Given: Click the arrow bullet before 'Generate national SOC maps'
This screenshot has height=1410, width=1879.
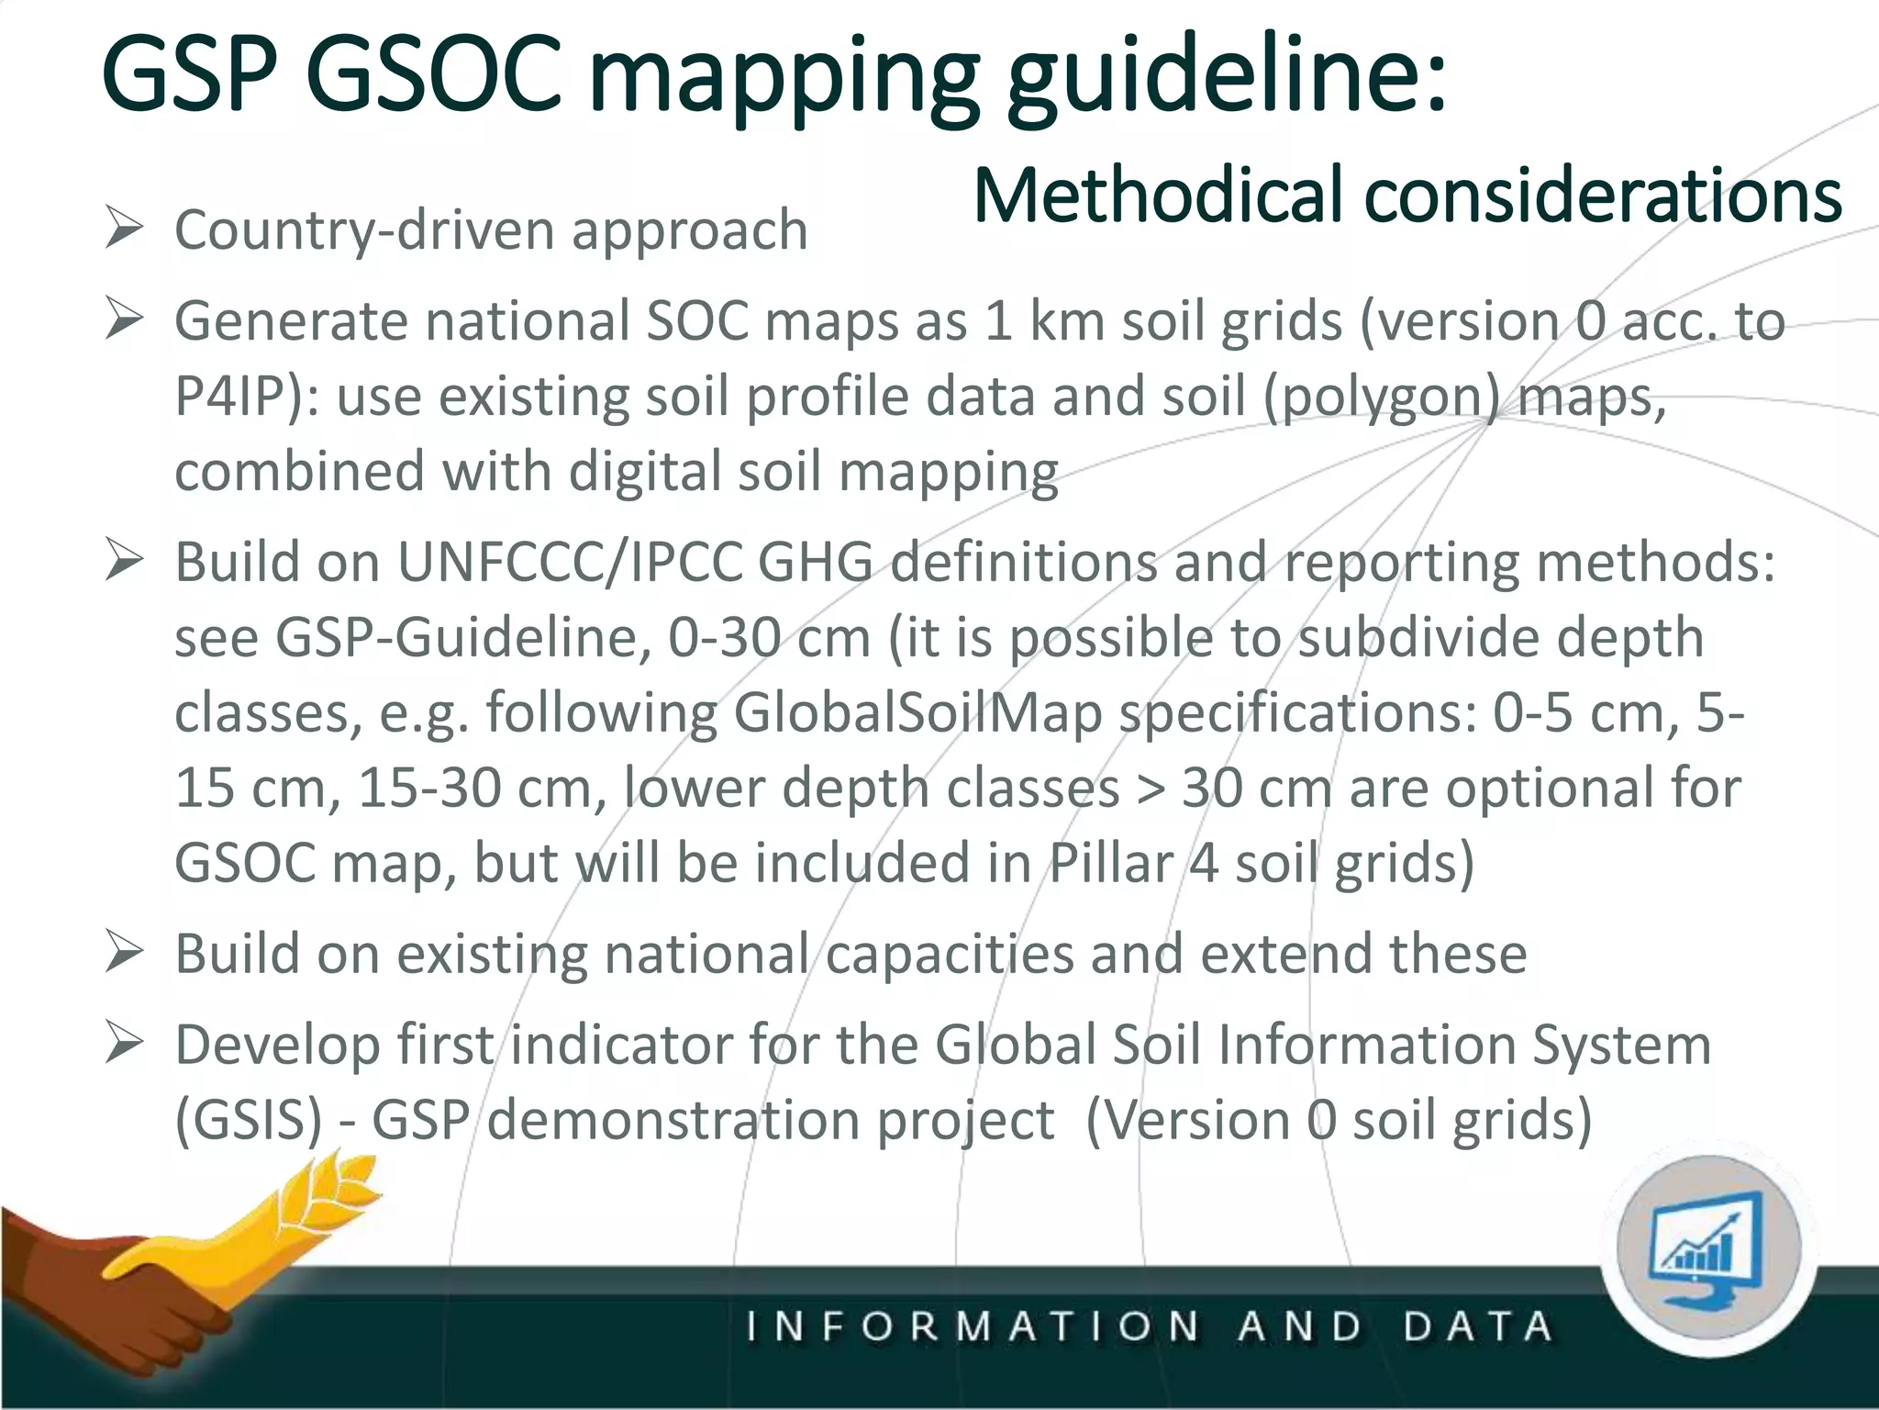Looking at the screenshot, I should [124, 319].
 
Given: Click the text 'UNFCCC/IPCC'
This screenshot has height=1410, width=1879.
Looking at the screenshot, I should [569, 562].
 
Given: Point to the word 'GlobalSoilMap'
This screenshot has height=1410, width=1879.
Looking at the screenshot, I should [917, 712].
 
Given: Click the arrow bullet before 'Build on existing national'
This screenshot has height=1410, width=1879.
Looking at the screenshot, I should [124, 952].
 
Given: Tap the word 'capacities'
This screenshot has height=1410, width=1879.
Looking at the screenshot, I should [949, 955].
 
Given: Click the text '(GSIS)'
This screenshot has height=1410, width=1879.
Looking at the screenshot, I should [249, 1121].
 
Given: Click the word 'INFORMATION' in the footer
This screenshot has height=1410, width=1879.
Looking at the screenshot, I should [972, 1327].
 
